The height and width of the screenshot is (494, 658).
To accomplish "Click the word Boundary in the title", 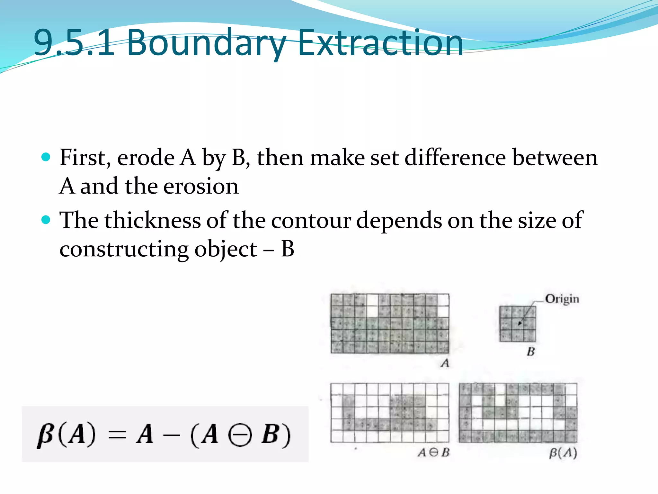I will pyautogui.click(x=206, y=43).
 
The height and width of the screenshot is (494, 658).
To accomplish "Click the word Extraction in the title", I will pyautogui.click(x=380, y=43).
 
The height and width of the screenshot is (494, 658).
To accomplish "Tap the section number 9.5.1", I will pyautogui.click(x=74, y=43).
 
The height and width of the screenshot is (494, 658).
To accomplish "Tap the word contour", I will pyautogui.click(x=311, y=221).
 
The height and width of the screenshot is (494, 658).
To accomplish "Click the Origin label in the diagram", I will pyautogui.click(x=562, y=299).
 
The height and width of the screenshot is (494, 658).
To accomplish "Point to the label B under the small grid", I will pyautogui.click(x=531, y=352).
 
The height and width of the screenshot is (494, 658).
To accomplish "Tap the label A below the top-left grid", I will pyautogui.click(x=445, y=363).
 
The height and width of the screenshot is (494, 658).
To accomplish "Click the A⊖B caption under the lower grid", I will pyautogui.click(x=433, y=453).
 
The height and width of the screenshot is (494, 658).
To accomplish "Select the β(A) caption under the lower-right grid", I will pyautogui.click(x=563, y=453).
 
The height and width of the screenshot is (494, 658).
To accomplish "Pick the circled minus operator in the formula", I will pyautogui.click(x=239, y=435).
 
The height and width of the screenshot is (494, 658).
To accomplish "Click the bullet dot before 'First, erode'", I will pyautogui.click(x=46, y=157).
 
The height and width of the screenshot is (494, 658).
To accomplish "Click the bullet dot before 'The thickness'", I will pyautogui.click(x=46, y=220).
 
